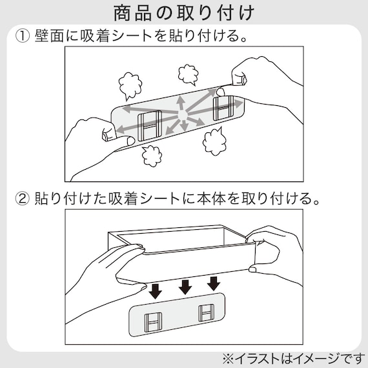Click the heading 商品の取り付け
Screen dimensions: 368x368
[x=183, y=12]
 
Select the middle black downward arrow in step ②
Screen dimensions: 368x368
[x=185, y=287]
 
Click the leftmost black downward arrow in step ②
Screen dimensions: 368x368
[x=156, y=291]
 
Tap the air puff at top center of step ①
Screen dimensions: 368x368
[x=188, y=74]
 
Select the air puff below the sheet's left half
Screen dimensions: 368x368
[x=152, y=155]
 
